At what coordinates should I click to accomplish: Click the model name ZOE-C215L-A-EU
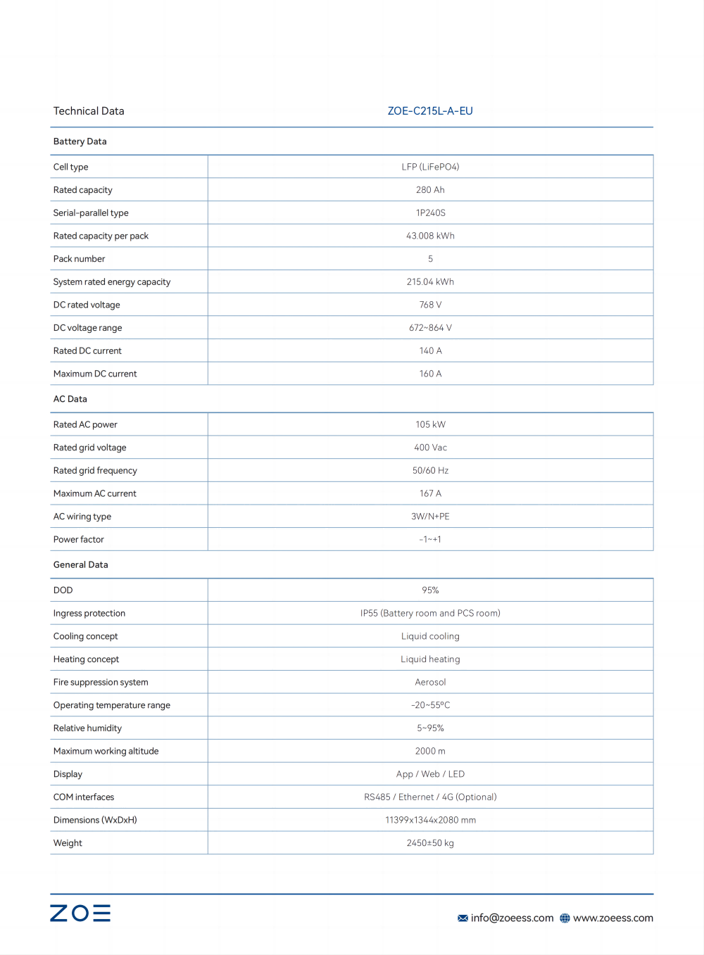(430, 111)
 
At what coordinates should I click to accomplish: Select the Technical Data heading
(89, 111)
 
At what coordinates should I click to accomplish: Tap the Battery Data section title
(80, 141)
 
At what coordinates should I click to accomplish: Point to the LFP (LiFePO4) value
(430, 167)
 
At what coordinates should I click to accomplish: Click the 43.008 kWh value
(430, 236)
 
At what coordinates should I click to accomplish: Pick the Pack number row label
(79, 259)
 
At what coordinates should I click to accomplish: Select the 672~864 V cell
(430, 328)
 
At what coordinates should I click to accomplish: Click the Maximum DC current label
(95, 374)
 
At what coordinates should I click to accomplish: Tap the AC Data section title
(70, 399)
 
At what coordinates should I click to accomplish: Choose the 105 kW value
(430, 424)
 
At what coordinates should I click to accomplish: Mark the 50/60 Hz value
(430, 471)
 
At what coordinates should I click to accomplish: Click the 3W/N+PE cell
(430, 517)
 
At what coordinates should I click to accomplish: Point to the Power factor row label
(79, 540)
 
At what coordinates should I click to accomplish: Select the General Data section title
(81, 565)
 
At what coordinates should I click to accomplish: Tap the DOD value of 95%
(430, 590)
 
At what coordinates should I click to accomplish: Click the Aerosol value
(430, 683)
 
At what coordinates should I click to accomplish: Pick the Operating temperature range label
(112, 705)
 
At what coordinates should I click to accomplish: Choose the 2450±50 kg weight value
(430, 843)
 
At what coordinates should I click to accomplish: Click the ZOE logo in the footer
(80, 913)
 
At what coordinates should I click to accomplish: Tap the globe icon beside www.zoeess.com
(565, 918)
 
